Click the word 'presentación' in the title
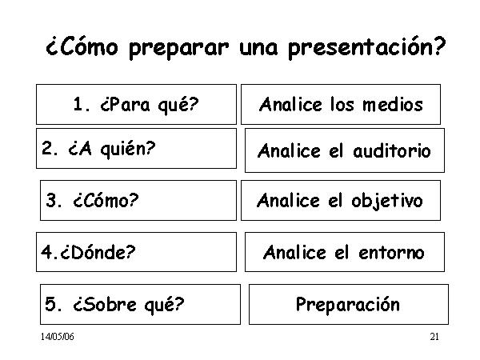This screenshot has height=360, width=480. tap(366, 48)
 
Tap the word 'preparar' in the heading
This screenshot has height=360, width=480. tap(178, 48)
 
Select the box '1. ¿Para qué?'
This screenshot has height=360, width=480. tap(136, 104)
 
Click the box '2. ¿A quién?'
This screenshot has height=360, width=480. tap(136, 149)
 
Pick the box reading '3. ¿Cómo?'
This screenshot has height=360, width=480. tap(138, 200)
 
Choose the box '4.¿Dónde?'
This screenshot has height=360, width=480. tap(136, 252)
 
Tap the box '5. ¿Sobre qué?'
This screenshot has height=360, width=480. tap(140, 304)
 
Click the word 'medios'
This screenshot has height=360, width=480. tap(393, 104)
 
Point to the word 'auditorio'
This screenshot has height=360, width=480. tap(392, 150)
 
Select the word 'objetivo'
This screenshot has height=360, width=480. tap(387, 202)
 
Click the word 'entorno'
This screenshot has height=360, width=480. tap(391, 253)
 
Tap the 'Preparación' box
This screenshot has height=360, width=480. tap(349, 304)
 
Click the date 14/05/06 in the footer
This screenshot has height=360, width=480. tap(58, 337)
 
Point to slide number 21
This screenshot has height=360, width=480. tap(434, 337)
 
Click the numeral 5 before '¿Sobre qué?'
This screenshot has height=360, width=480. tap(50, 304)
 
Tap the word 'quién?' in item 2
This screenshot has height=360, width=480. tap(128, 150)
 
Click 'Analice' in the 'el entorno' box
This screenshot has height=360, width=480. tap(294, 253)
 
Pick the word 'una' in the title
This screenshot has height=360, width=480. tap(258, 49)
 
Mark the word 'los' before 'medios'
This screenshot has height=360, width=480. tap(342, 104)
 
